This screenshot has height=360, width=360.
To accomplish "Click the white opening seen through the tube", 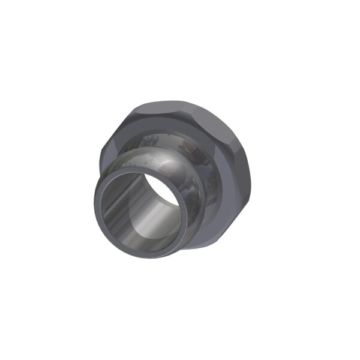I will point(163,191).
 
